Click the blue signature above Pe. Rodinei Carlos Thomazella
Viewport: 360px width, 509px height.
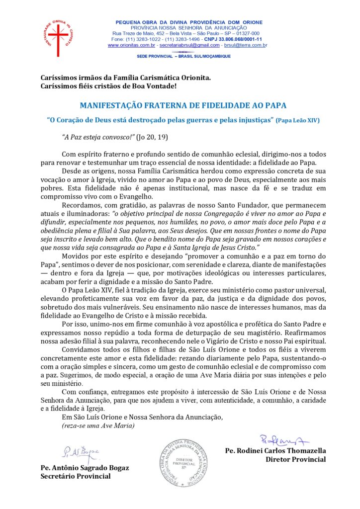[x=284, y=439]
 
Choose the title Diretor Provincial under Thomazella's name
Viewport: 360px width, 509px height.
[x=295, y=459]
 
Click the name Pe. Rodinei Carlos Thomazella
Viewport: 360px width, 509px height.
[x=275, y=451]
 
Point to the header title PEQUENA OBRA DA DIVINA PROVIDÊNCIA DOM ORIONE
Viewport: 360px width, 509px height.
[x=189, y=22]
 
